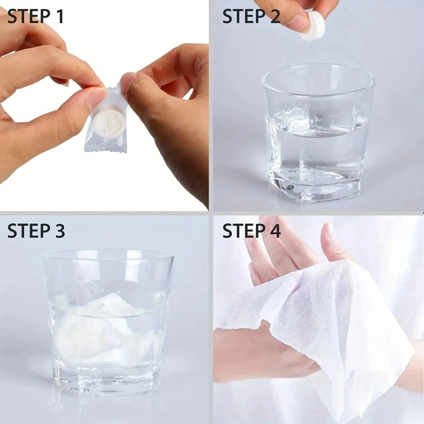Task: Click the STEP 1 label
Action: (x=36, y=16)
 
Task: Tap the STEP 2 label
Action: (x=251, y=16)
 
